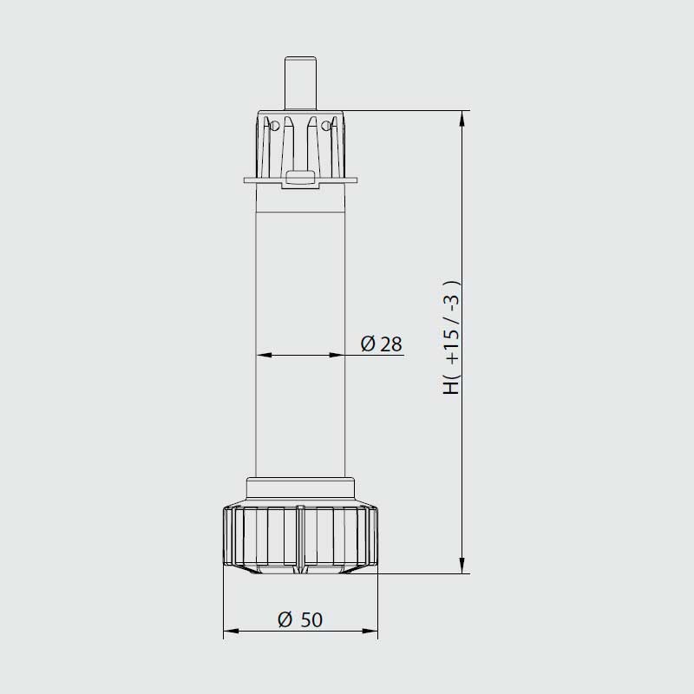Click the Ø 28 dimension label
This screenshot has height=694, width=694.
coord(381,344)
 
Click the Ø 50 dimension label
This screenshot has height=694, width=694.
coord(300,619)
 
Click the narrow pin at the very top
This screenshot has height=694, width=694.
coord(300,82)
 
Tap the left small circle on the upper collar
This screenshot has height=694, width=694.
coord(274,126)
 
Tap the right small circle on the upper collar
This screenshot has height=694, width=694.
coord(326,126)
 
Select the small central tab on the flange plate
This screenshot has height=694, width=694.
coord(300,178)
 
